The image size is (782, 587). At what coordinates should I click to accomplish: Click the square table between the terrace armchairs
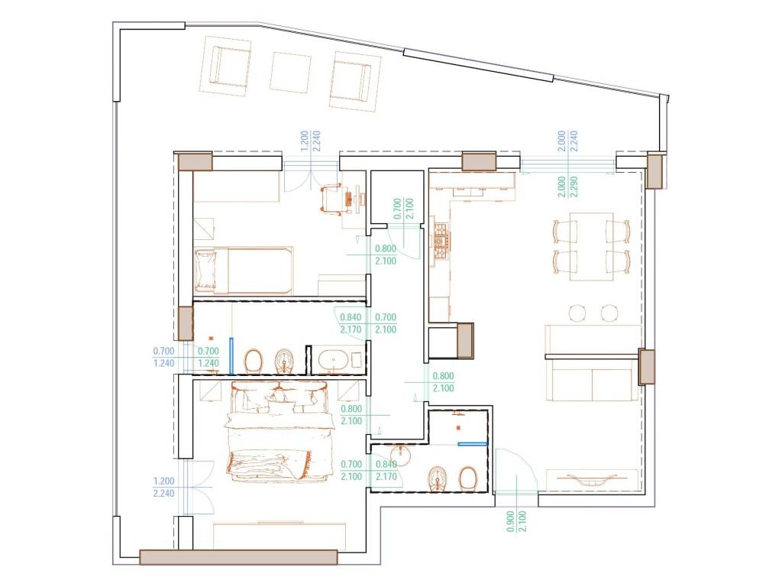coord(290,73)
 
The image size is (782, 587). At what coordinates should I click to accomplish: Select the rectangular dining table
coord(592,246)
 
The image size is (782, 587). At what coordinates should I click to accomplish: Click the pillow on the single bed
coord(205,270)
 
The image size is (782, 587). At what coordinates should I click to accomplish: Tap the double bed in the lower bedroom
coord(280,430)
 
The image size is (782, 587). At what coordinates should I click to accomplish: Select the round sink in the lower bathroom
coord(400,455)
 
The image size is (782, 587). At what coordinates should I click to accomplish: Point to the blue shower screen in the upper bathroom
coord(231,356)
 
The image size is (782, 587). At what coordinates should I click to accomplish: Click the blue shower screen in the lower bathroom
coord(472,443)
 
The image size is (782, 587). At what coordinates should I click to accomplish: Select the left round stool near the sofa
coord(578,313)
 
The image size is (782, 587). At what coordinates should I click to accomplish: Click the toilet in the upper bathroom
coord(254,361)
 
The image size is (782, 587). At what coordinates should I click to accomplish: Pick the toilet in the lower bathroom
coord(468,478)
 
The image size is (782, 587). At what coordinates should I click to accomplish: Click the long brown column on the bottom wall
coord(238,557)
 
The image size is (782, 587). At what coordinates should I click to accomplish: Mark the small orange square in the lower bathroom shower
coord(459,428)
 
